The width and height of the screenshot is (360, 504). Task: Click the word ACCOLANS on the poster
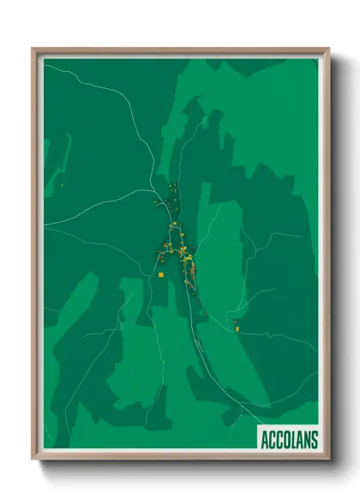(x=288, y=441)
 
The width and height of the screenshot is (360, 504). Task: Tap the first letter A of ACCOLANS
(x=265, y=441)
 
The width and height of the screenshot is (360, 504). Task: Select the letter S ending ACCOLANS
(x=314, y=441)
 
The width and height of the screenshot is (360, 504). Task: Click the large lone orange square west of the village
(x=160, y=274)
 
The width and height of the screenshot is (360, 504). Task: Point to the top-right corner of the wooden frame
(x=328, y=50)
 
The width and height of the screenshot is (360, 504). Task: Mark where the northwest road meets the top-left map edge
(x=45, y=67)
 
